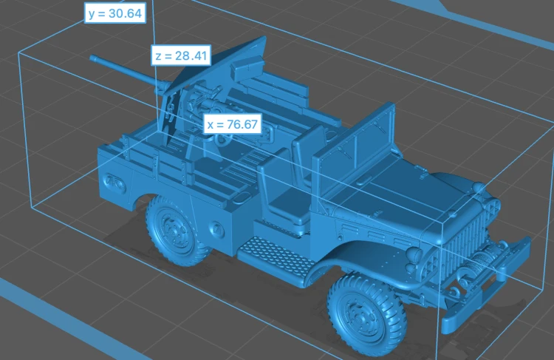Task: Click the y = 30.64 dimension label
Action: (115, 13)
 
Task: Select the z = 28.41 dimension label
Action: (181, 55)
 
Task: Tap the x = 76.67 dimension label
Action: (233, 123)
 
